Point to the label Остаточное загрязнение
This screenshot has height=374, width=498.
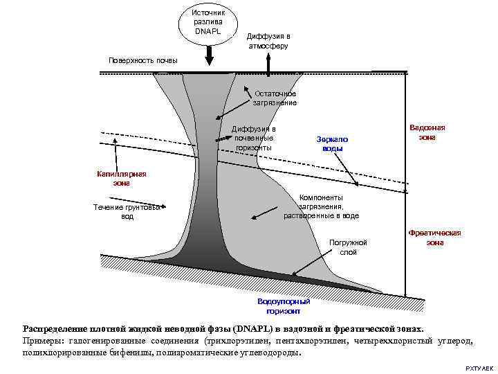pyautogui.click(x=275, y=98)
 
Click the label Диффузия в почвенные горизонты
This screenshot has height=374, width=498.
pyautogui.click(x=254, y=138)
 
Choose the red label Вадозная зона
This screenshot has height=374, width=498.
pyautogui.click(x=427, y=132)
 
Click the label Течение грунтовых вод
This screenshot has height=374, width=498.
pyautogui.click(x=127, y=211)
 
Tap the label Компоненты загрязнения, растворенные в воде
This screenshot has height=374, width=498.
pyautogui.click(x=321, y=206)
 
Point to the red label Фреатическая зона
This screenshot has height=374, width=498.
pyautogui.click(x=434, y=238)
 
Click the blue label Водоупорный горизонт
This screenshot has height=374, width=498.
pyautogui.click(x=284, y=306)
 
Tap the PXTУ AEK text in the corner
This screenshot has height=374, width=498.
pyautogui.click(x=479, y=365)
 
